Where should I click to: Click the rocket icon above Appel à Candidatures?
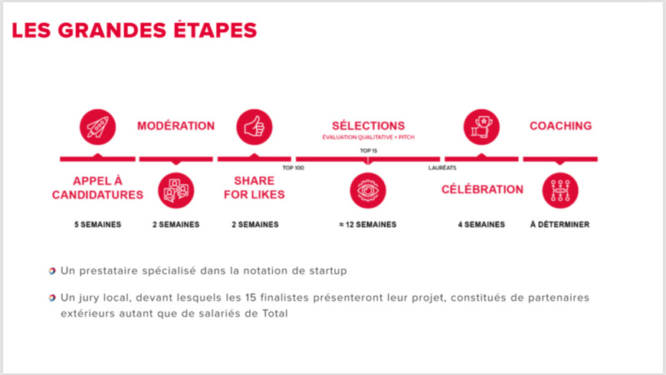(x=97, y=127)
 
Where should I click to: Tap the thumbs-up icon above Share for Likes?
(x=254, y=127)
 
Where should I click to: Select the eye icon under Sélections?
(x=368, y=191)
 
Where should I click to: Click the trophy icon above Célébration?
(x=481, y=127)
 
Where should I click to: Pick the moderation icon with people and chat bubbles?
(x=176, y=191)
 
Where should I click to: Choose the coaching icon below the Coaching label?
(x=559, y=191)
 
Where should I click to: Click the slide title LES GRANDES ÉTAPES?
(x=134, y=31)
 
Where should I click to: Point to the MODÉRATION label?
(x=176, y=126)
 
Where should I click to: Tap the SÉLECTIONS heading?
(x=368, y=125)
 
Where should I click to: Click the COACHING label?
(x=560, y=126)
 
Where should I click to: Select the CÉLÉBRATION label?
(x=482, y=189)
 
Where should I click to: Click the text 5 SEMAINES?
(x=97, y=225)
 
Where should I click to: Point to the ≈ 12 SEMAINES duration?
(x=368, y=225)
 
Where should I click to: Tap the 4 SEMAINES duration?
(x=481, y=225)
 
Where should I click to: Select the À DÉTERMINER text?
(x=559, y=225)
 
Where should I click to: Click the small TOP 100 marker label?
(x=293, y=167)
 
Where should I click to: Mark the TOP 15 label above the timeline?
(x=368, y=151)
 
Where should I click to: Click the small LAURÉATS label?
(x=442, y=167)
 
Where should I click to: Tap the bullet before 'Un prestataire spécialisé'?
(x=52, y=271)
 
